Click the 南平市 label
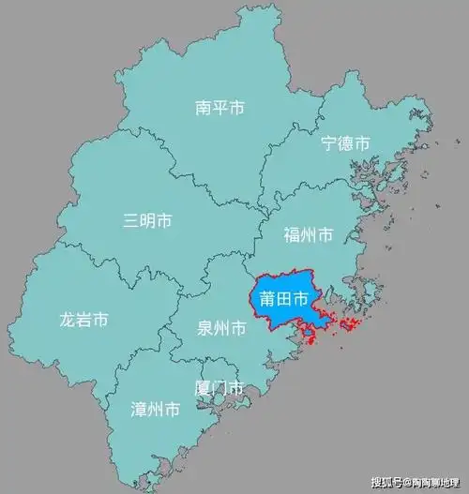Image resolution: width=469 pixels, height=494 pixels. [220, 109]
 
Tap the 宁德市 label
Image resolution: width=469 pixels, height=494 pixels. [345, 144]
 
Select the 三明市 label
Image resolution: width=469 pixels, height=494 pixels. [148, 221]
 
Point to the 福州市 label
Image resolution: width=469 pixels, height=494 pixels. [309, 234]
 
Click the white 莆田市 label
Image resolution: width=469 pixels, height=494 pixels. [284, 301]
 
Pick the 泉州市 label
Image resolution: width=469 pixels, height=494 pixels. [221, 329]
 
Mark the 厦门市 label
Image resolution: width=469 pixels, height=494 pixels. [219, 387]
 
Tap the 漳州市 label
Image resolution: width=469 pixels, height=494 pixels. [156, 410]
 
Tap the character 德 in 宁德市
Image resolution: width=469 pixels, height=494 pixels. [345, 144]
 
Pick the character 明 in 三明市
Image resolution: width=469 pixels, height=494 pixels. [148, 221]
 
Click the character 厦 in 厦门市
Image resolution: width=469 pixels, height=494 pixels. [202, 387]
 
